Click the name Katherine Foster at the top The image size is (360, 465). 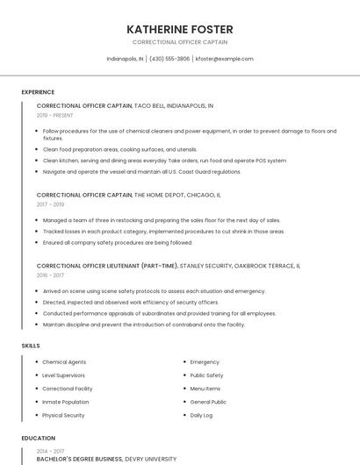(x=179, y=29)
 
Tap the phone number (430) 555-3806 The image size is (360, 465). (x=169, y=59)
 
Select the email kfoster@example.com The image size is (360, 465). (x=224, y=59)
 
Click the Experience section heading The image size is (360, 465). (x=38, y=92)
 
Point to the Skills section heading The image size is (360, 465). (x=31, y=346)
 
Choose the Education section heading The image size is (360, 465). (x=38, y=438)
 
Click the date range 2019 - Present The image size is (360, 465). (x=55, y=115)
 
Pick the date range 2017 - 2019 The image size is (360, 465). (x=51, y=204)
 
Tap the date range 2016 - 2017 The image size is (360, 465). (x=50, y=275)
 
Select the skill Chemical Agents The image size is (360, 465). (x=64, y=361)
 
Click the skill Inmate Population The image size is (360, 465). (x=66, y=402)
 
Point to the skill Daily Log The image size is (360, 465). (x=202, y=415)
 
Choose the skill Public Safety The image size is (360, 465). (x=206, y=375)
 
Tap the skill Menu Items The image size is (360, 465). (x=205, y=388)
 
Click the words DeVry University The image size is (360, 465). (x=150, y=458)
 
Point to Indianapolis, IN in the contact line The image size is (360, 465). (x=125, y=59)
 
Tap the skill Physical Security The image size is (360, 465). (x=63, y=415)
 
